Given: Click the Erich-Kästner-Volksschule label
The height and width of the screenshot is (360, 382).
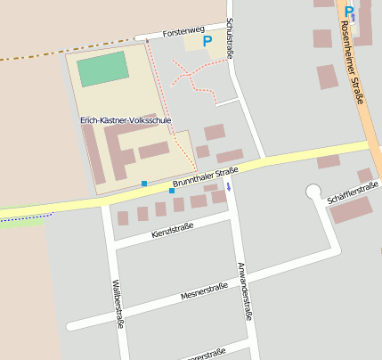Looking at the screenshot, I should (125, 119).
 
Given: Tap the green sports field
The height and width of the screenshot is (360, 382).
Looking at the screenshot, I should (103, 70).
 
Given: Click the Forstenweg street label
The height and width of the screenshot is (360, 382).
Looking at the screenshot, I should (184, 31).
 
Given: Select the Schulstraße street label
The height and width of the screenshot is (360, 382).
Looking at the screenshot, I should (231, 39).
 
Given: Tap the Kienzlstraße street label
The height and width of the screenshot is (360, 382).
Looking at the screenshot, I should (173, 233).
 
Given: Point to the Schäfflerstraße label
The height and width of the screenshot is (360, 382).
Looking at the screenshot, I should (353, 191).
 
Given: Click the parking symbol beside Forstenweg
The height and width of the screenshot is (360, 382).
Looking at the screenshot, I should (207, 40).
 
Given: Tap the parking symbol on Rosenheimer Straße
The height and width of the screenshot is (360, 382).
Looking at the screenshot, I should (349, 12).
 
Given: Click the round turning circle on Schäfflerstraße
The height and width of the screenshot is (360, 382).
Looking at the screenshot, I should (313, 191).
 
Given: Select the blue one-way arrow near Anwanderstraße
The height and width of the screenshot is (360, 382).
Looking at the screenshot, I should (228, 186).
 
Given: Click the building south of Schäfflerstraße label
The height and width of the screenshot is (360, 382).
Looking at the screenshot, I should (351, 210).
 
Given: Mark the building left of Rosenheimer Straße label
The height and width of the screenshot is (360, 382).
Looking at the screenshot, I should (327, 77).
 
